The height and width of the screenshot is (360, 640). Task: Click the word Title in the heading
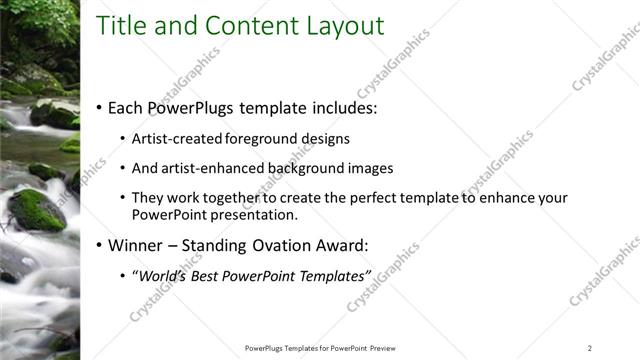pos(124,26)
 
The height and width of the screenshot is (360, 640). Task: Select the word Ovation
pos(284,244)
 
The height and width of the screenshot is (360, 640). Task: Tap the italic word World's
pos(161,275)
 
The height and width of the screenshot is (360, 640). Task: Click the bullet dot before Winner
pos(100,245)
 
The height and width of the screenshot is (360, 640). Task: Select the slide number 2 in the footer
pos(589,347)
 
